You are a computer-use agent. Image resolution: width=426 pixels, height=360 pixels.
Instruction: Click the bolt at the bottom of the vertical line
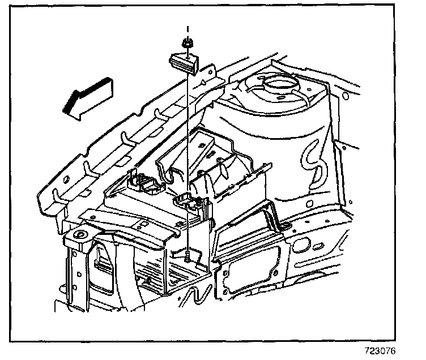187,258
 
